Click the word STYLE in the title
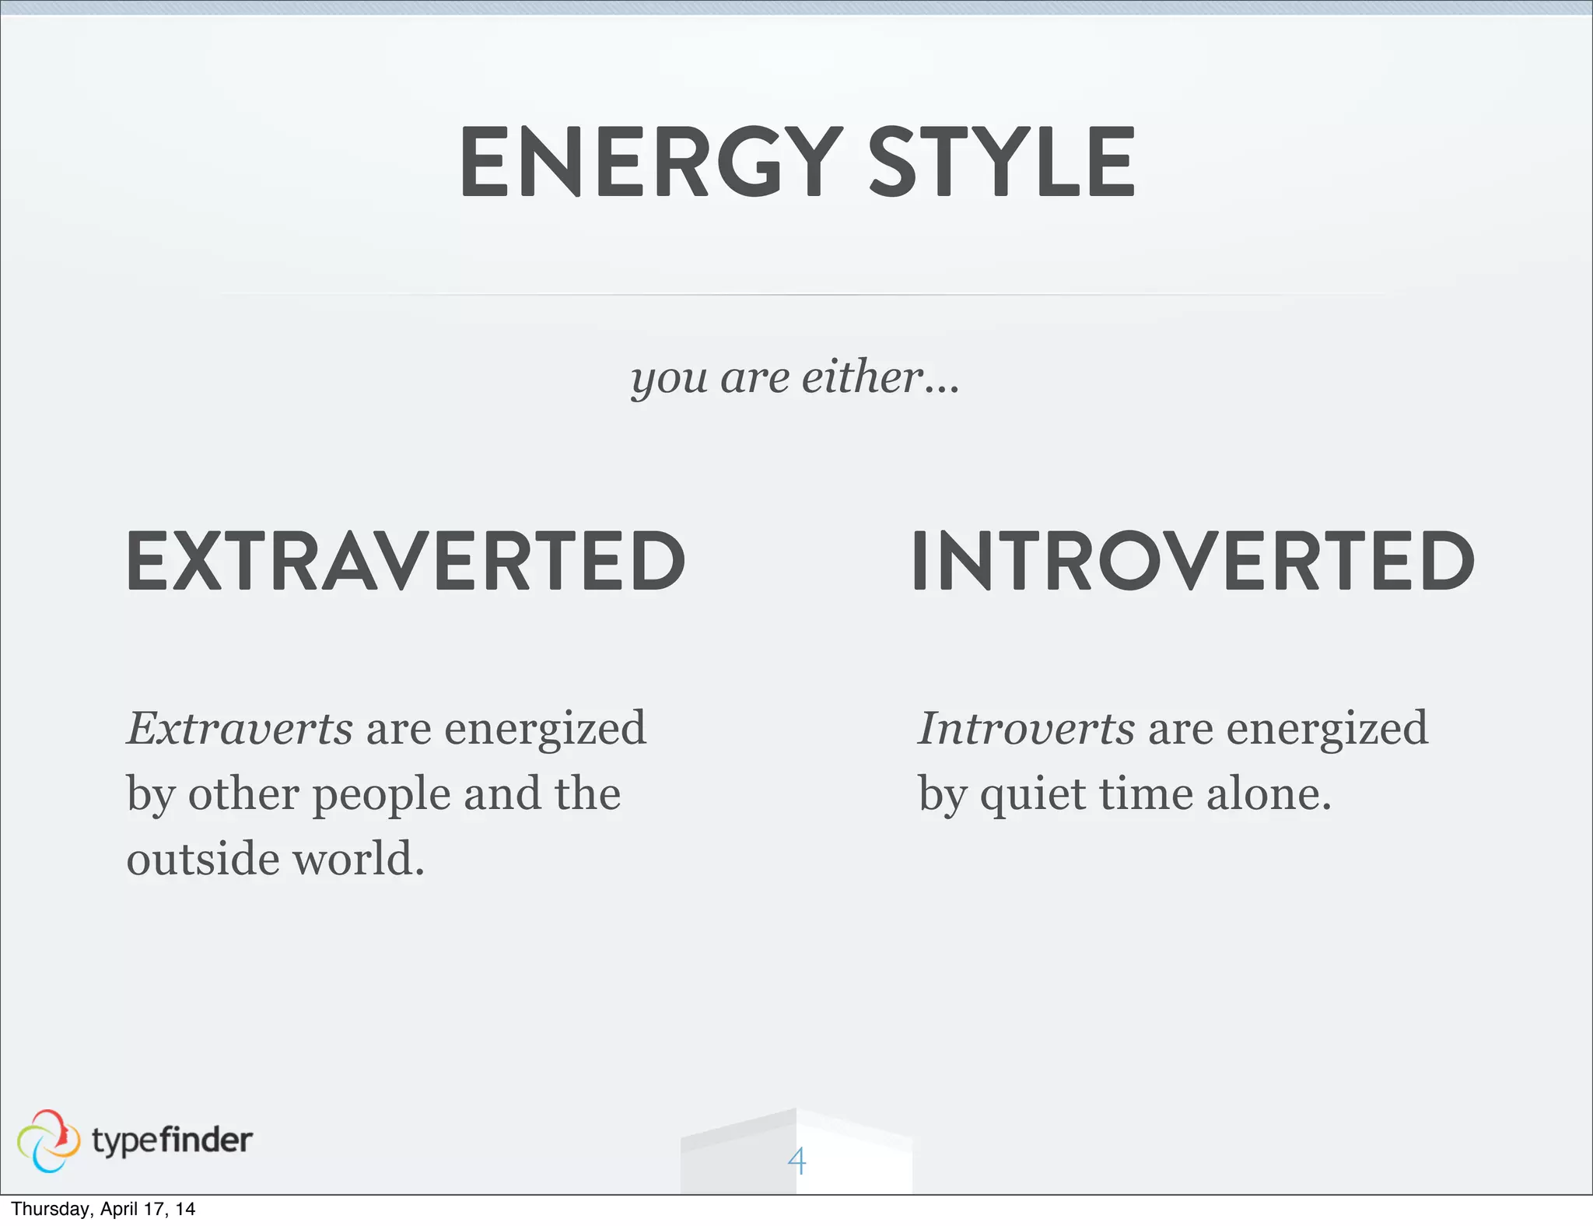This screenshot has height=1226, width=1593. tap(1001, 163)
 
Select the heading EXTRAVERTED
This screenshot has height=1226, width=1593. tap(405, 561)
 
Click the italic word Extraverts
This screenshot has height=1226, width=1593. tap(240, 728)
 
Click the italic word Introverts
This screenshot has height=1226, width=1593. tap(1025, 728)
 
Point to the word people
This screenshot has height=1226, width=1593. tap(381, 795)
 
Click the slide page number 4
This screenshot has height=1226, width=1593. tap(796, 1161)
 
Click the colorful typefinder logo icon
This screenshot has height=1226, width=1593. tap(48, 1140)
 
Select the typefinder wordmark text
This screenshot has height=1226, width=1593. tap(172, 1140)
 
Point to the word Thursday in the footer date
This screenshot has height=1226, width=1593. tap(51, 1209)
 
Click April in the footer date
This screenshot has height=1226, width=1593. tap(121, 1209)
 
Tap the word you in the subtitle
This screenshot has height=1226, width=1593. tap(669, 380)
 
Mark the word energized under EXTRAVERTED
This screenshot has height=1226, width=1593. tap(544, 730)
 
